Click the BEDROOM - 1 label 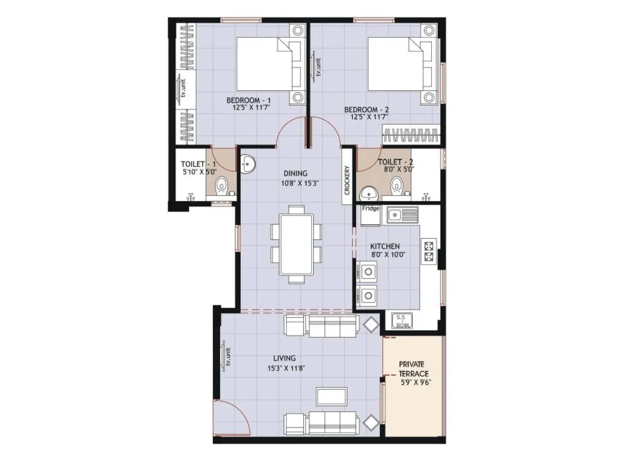(248, 100)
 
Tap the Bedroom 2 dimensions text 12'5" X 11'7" (369, 117)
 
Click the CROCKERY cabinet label (347, 180)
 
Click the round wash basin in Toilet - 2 (369, 193)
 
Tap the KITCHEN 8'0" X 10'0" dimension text (388, 255)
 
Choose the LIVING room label (284, 358)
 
